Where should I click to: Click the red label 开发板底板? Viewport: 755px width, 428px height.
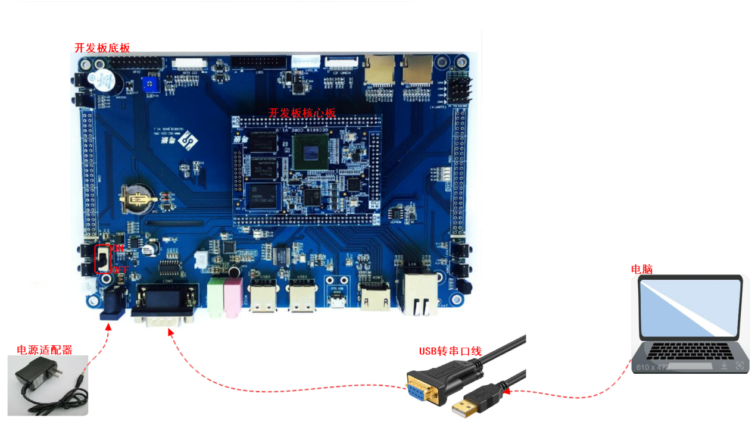[x=102, y=48]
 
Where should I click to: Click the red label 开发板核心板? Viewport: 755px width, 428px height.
[x=302, y=113]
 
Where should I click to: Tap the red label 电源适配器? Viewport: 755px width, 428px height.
[x=44, y=350]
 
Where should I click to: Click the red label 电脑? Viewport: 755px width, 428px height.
[x=642, y=269]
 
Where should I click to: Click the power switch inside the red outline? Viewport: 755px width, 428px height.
[x=104, y=259]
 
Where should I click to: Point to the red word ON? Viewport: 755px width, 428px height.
[x=118, y=248]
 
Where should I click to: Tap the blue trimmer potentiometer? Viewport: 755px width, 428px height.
[x=151, y=83]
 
